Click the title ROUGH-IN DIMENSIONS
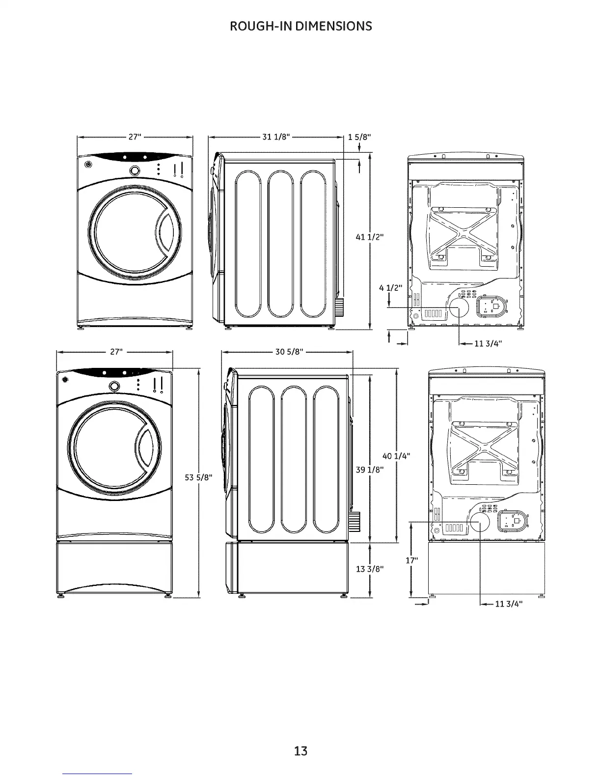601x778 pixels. coord(300,26)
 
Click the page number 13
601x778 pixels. coord(300,750)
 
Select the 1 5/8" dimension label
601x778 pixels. coord(359,137)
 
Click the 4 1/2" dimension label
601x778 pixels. coord(390,288)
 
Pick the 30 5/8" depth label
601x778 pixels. coord(289,351)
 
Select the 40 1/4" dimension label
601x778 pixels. coord(396,456)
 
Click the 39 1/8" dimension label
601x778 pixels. coord(369,470)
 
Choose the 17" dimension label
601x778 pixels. coord(411,560)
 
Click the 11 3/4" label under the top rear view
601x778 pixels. coord(488,343)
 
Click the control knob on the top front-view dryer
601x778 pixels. coord(134,170)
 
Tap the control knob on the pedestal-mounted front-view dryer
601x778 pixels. coord(114,386)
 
